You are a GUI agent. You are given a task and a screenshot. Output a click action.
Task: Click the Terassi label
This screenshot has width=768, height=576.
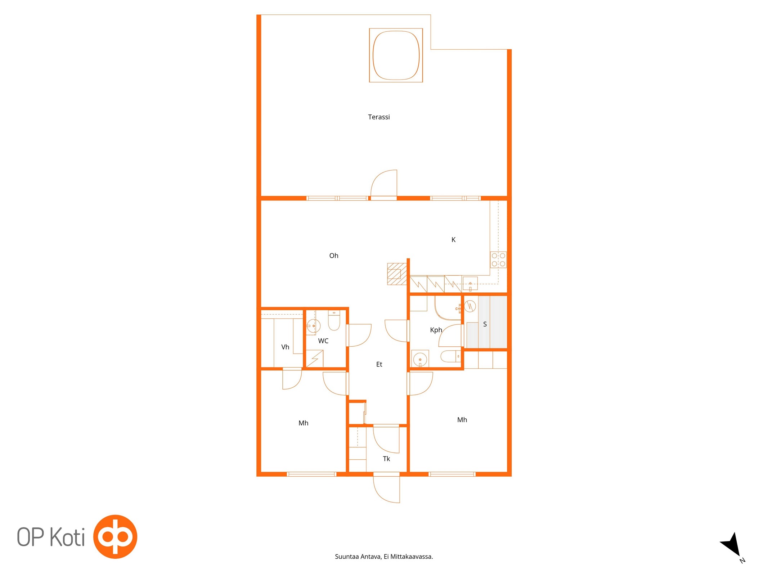click(379, 117)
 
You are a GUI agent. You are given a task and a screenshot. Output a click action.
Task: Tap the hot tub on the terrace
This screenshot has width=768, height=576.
click(396, 55)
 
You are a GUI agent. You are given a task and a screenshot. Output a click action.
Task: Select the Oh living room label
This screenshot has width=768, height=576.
click(334, 256)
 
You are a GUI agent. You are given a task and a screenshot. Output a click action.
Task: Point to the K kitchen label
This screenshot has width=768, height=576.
click(453, 240)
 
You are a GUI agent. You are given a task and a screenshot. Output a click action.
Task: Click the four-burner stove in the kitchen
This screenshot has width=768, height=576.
click(498, 260)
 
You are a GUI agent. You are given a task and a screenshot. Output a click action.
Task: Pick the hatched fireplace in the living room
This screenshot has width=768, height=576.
click(397, 274)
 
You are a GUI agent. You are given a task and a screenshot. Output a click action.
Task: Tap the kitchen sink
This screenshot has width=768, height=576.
click(470, 283)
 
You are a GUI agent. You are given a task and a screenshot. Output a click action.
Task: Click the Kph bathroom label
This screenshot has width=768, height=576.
click(436, 330)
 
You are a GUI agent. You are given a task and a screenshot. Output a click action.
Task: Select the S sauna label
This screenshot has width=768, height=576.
click(485, 324)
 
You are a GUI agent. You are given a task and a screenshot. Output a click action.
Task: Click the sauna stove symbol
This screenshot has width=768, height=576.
click(470, 306)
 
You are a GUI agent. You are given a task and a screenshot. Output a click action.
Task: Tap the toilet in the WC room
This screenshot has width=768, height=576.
click(334, 320)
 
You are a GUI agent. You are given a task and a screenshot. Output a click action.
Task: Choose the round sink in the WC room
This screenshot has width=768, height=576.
click(313, 326)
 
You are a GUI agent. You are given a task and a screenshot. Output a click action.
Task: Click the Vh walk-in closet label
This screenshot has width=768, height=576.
click(285, 347)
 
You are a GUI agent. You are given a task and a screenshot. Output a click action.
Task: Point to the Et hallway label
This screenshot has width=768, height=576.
click(379, 364)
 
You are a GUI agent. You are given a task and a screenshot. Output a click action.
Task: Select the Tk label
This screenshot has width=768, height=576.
click(386, 459)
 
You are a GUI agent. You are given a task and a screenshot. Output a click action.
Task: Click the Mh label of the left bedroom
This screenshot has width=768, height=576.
click(304, 423)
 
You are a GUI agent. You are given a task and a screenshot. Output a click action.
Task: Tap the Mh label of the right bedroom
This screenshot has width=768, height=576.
click(462, 420)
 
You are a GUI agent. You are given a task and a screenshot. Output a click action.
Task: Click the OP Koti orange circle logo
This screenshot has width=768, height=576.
click(115, 536)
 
